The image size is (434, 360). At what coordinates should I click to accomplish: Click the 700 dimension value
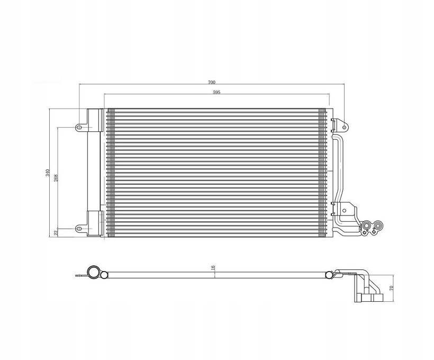[212, 82]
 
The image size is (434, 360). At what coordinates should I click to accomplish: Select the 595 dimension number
[216, 93]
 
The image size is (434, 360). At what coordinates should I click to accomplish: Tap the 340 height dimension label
[47, 173]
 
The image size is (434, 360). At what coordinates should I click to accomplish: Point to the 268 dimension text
[56, 178]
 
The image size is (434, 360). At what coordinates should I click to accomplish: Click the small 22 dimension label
[56, 233]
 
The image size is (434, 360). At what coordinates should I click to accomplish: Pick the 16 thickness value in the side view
[213, 268]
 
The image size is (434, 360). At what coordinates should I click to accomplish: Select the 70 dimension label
[391, 289]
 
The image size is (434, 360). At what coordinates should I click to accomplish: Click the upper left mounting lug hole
[79, 128]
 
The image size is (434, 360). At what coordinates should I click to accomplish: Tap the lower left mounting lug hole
[79, 229]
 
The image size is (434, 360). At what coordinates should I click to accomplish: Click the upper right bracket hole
[345, 128]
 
